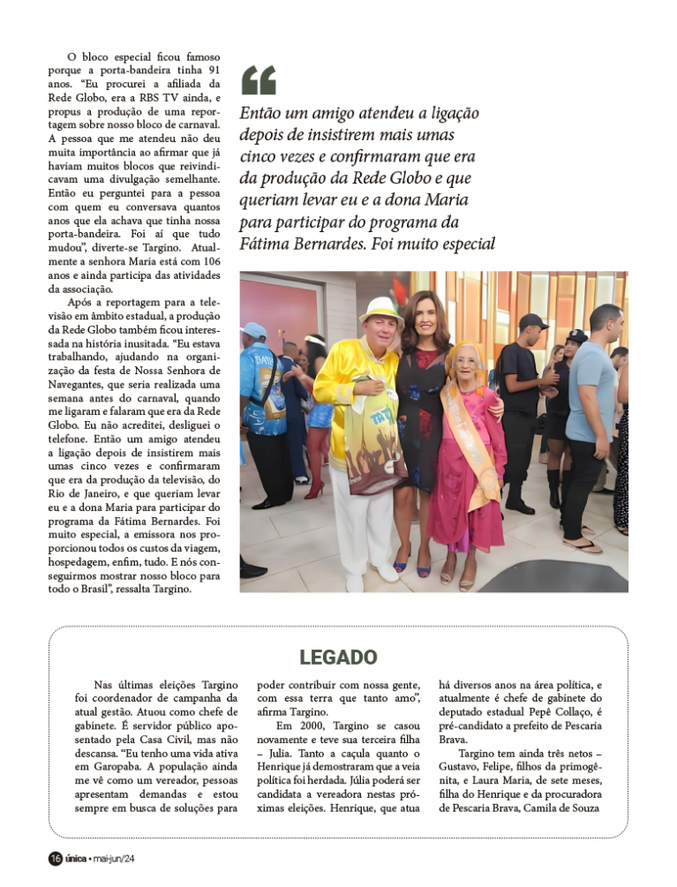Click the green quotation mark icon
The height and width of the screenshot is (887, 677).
point(258,80)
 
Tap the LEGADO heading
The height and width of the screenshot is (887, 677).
point(338,658)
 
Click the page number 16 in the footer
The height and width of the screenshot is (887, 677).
point(55,859)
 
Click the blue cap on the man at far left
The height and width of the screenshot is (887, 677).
point(254,330)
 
